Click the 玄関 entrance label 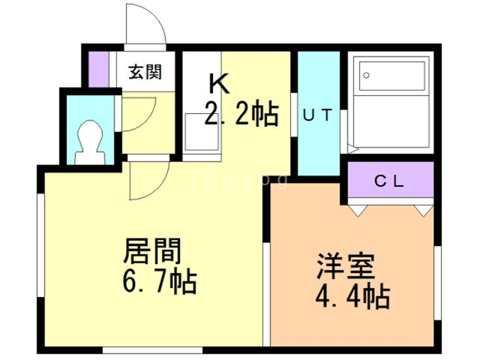pyautogui.click(x=145, y=72)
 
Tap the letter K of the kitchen pyautogui.click(x=218, y=83)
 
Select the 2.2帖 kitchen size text pyautogui.click(x=241, y=114)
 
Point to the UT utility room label pyautogui.click(x=317, y=115)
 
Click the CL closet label pyautogui.click(x=389, y=181)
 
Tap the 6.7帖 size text pyautogui.click(x=160, y=281)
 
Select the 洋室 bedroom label pyautogui.click(x=346, y=266)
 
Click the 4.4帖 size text pyautogui.click(x=353, y=297)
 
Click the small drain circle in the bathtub pyautogui.click(x=366, y=75)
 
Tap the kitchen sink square pyautogui.click(x=202, y=132)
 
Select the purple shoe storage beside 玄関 pyautogui.click(x=98, y=70)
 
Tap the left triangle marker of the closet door pyautogui.click(x=358, y=211)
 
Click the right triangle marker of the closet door pyautogui.click(x=424, y=211)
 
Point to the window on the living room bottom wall pyautogui.click(x=152, y=350)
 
